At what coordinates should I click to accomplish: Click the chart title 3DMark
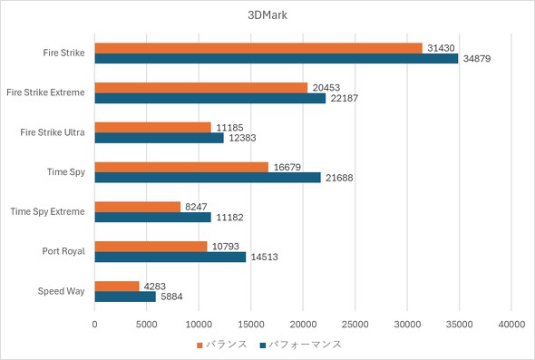click(x=267, y=15)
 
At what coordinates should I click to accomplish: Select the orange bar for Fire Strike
click(x=258, y=48)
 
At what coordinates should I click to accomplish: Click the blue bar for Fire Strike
click(x=277, y=59)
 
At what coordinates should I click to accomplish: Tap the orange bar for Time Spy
click(x=181, y=166)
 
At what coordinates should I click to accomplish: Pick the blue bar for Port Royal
click(x=170, y=257)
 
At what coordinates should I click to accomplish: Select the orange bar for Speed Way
click(x=117, y=286)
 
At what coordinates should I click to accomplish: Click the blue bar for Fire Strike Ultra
click(x=159, y=138)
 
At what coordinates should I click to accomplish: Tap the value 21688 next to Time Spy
click(x=339, y=178)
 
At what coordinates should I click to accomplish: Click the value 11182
click(x=229, y=218)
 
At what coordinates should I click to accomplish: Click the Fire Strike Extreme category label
click(x=45, y=92)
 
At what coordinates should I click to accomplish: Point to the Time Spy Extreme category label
click(x=48, y=211)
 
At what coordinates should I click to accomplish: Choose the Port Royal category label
click(x=63, y=251)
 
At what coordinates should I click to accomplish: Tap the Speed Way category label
click(x=62, y=291)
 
